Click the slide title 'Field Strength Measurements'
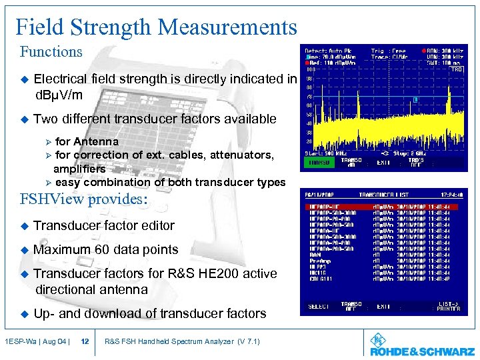[x=156, y=27]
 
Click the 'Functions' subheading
[x=51, y=52]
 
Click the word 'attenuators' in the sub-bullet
[x=241, y=155]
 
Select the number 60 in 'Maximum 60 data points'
[x=103, y=250]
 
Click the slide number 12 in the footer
[x=85, y=342]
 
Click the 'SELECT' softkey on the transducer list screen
[x=319, y=307]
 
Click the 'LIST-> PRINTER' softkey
[x=448, y=307]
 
